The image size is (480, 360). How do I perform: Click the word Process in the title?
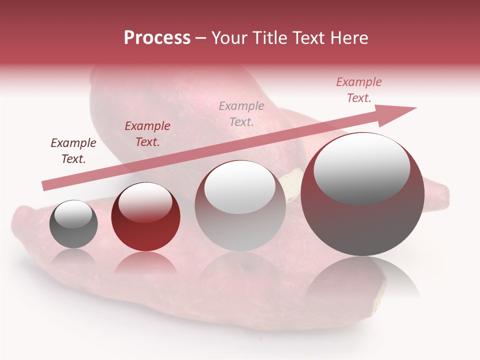[x=157, y=38]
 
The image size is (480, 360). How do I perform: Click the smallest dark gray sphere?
[x=73, y=224]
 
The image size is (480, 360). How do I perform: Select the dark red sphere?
[x=145, y=217]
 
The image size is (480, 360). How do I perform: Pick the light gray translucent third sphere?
[x=240, y=206]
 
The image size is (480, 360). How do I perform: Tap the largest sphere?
[x=362, y=194]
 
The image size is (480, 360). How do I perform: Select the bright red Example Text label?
[x=147, y=134]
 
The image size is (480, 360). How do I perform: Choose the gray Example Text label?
[x=241, y=113]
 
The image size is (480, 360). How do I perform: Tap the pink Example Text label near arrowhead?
[x=358, y=90]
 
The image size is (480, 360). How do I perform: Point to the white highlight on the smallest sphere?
[x=73, y=214]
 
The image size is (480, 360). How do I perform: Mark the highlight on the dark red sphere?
[x=145, y=200]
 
